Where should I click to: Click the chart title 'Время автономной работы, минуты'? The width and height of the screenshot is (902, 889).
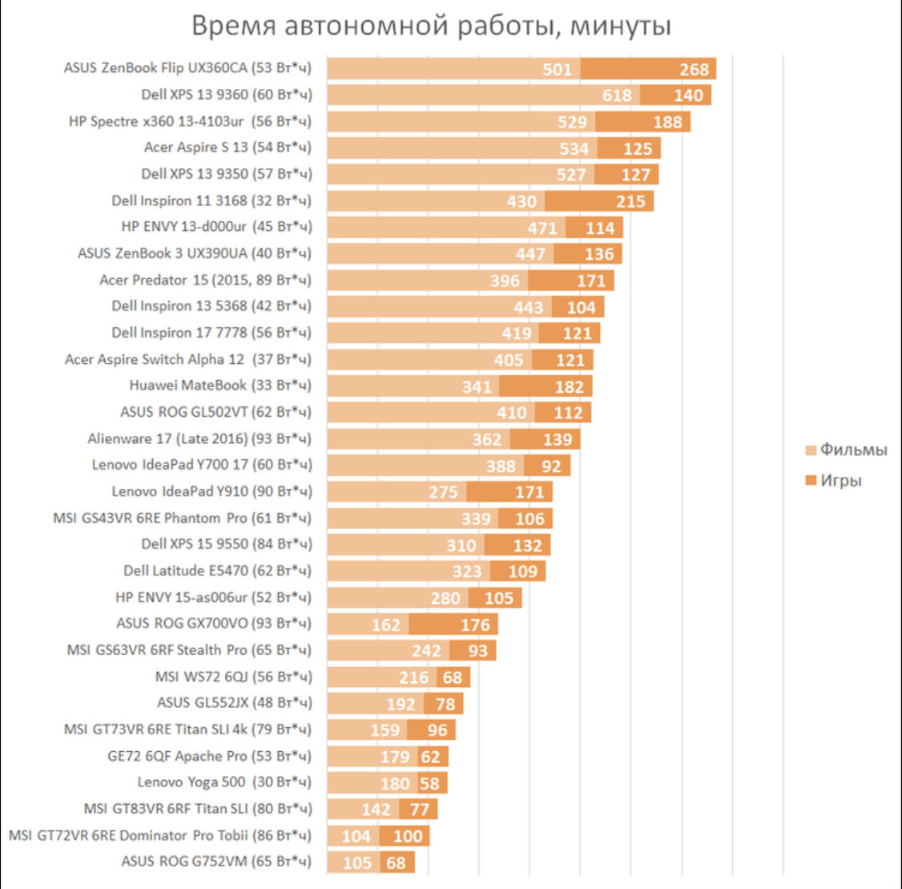click(x=431, y=26)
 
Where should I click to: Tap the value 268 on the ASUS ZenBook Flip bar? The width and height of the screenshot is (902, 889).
click(x=694, y=69)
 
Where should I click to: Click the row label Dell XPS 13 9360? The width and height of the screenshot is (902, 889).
click(x=227, y=95)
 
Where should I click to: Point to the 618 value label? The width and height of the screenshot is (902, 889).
click(x=617, y=95)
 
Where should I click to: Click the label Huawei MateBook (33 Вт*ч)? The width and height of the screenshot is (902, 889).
click(x=220, y=386)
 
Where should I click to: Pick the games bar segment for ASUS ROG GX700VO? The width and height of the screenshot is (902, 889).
click(x=453, y=624)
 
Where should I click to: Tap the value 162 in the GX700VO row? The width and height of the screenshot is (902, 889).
click(x=385, y=624)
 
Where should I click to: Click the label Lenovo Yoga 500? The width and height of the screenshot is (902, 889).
click(x=224, y=782)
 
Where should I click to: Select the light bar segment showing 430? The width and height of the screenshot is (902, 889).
click(x=436, y=201)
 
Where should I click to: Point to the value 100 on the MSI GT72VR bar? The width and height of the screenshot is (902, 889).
click(x=408, y=836)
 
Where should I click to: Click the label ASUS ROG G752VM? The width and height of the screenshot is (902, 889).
click(x=216, y=862)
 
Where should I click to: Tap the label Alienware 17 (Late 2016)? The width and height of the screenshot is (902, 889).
click(x=199, y=438)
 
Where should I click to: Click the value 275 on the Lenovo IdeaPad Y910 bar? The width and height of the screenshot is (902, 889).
click(x=443, y=492)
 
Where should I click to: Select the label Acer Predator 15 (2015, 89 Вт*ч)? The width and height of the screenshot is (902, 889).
click(x=205, y=280)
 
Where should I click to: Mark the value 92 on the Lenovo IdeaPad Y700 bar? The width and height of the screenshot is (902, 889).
click(x=551, y=466)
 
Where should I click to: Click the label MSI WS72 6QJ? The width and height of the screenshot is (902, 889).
click(x=233, y=677)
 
